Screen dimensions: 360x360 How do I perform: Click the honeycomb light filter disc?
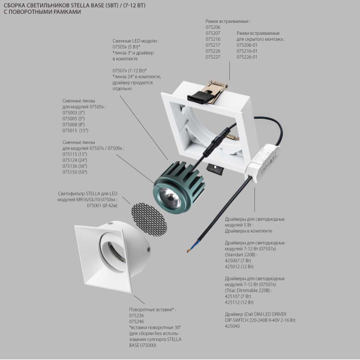click(x=148, y=218)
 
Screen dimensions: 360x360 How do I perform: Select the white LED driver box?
click(x=263, y=162)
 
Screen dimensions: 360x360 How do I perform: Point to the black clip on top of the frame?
click(x=199, y=97)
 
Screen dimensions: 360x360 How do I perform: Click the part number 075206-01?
click(x=247, y=45)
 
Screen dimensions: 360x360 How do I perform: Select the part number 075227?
click(x=213, y=57)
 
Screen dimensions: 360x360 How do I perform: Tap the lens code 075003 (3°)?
click(x=73, y=113)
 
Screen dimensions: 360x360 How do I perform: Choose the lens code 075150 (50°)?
click(x=75, y=172)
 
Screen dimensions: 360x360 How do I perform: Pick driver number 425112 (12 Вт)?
click(x=239, y=302)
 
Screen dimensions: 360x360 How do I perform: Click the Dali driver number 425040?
click(x=232, y=326)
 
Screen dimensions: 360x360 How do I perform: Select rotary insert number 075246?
click(x=137, y=322)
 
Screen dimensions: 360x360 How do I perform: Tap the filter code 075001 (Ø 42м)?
click(x=102, y=205)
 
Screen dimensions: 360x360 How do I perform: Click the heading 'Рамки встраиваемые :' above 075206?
click(x=228, y=22)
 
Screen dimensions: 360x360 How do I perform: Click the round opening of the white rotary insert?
click(x=113, y=251)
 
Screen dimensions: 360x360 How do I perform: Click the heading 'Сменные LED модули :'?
click(x=136, y=41)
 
